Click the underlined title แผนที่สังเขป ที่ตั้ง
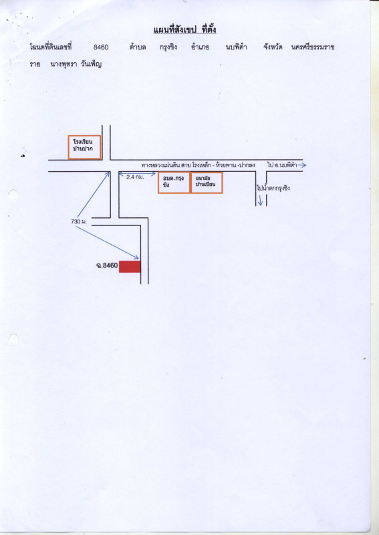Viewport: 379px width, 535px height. (x=184, y=29)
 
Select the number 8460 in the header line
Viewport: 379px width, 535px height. (x=101, y=47)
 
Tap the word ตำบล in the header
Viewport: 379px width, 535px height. (x=138, y=47)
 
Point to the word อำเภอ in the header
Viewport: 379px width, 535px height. (x=201, y=47)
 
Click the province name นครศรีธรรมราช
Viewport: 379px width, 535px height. (x=313, y=47)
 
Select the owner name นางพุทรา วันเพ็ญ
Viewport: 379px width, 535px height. (x=76, y=64)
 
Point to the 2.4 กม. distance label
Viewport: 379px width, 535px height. (x=135, y=177)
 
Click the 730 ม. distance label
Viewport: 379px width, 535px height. (x=79, y=222)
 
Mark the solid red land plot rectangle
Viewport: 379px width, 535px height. (x=130, y=266)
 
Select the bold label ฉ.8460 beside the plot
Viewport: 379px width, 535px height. (x=107, y=265)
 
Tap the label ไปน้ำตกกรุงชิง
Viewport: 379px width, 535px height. (x=273, y=188)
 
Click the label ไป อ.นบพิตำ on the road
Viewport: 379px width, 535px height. (x=282, y=165)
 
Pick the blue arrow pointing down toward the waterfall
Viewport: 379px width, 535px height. (x=260, y=200)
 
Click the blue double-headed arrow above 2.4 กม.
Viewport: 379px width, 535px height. (x=137, y=174)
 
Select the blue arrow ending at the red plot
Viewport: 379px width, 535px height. (x=107, y=242)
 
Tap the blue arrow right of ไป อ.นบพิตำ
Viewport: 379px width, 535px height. (x=301, y=165)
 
